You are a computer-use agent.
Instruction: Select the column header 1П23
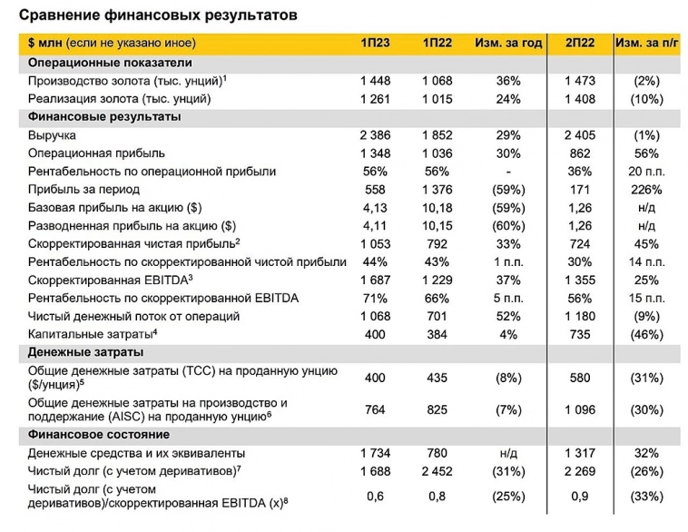375,43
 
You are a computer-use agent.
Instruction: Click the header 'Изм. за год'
508,43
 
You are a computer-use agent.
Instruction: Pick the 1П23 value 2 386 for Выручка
375,134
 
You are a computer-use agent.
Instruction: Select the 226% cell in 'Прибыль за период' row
648,189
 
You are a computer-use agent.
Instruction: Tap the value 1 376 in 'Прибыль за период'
437,189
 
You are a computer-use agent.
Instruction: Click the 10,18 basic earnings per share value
437,207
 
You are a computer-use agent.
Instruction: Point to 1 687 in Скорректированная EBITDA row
375,280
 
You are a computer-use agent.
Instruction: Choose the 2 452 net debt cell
437,470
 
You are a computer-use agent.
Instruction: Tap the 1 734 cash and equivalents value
375,452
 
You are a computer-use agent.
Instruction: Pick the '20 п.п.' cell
648,171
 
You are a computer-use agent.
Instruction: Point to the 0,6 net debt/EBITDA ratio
375,497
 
